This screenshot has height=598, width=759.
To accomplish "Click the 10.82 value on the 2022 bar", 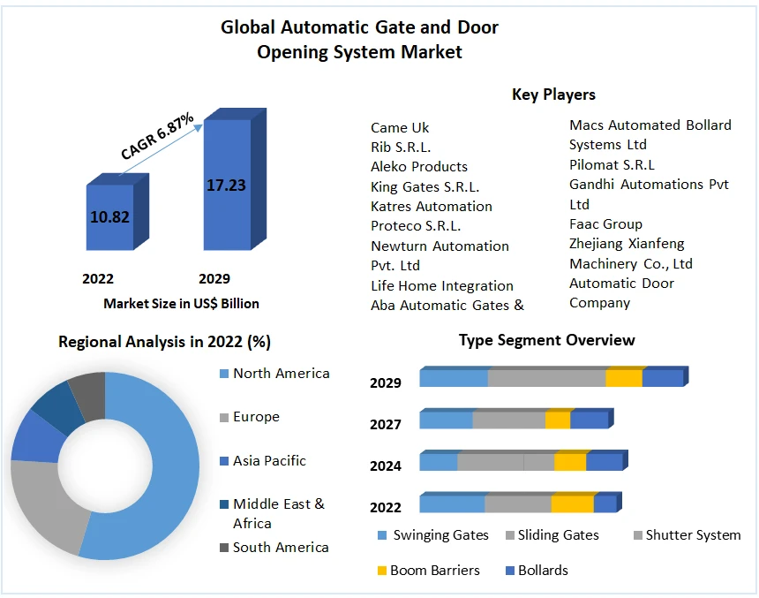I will (109, 216).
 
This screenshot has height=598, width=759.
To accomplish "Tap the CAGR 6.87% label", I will (157, 137).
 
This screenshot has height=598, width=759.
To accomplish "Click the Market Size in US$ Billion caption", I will (181, 304).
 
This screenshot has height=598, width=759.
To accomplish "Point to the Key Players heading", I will (553, 95).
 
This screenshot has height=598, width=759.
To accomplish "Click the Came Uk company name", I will (400, 127).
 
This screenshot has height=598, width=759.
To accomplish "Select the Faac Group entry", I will (605, 224).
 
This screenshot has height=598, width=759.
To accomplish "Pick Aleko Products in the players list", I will (419, 167).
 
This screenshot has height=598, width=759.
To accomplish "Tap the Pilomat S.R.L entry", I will (612, 164).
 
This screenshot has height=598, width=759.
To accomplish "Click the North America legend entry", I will (281, 374).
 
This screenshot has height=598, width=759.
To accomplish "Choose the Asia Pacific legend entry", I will (269, 461).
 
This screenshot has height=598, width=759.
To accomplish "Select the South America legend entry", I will (281, 548).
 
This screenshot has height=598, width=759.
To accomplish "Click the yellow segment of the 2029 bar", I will (623, 378).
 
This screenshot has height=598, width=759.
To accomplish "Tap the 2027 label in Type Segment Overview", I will (386, 425).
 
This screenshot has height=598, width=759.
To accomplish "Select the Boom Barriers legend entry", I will (434, 571).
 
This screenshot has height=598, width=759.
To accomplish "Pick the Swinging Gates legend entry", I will (440, 535).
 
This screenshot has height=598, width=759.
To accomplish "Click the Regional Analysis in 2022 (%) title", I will (164, 342).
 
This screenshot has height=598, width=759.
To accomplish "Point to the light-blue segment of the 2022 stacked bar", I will (451, 504).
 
